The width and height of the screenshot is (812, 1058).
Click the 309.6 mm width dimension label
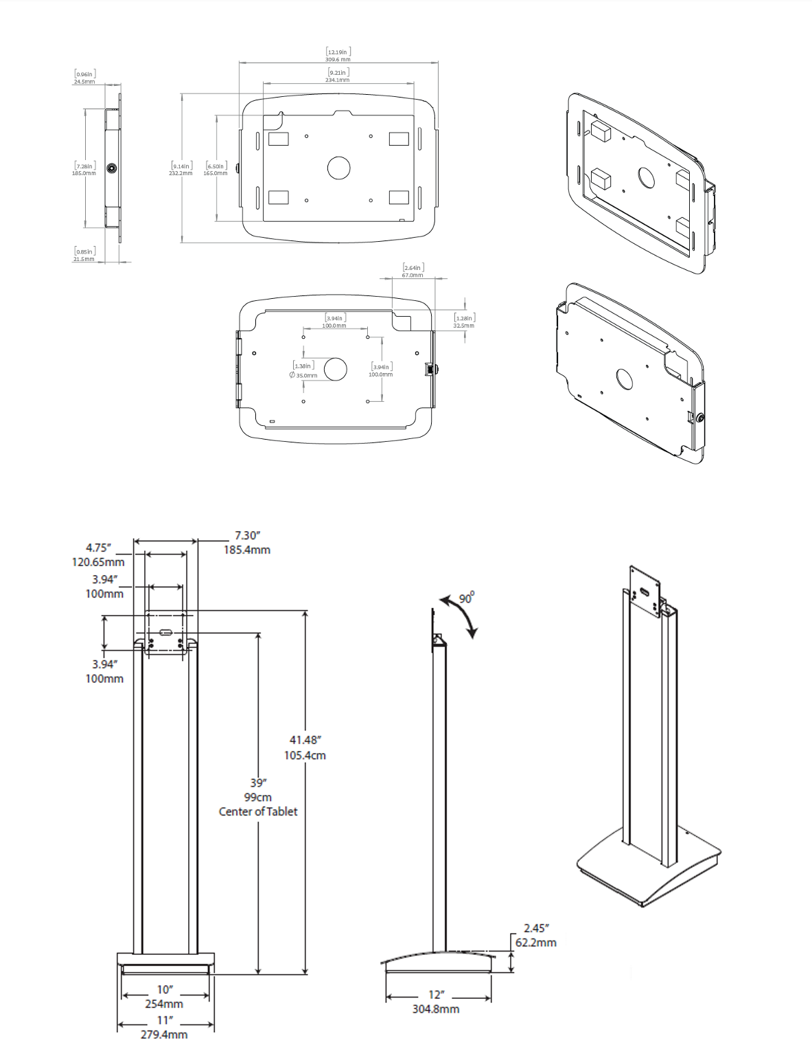[x=338, y=60]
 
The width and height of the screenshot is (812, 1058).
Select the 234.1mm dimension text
[x=338, y=80]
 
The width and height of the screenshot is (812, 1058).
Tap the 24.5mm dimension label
[x=84, y=82]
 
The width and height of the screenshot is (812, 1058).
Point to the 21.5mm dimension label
[x=84, y=259]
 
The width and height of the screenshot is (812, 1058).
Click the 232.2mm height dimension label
[x=181, y=173]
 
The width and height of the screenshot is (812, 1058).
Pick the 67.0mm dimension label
[x=413, y=275]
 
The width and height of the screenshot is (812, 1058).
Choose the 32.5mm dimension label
[x=463, y=326]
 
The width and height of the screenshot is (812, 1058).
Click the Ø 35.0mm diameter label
[x=303, y=376]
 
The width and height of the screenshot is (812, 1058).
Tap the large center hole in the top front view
[x=338, y=168]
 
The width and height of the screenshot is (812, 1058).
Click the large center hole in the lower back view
[x=336, y=369]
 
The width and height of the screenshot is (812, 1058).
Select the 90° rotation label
[x=467, y=598]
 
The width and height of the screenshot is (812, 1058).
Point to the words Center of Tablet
[x=258, y=811]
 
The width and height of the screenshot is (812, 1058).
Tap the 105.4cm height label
[x=305, y=755]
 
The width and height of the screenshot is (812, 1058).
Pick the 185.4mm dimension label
[x=246, y=550]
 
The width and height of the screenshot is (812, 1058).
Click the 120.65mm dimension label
[x=98, y=562]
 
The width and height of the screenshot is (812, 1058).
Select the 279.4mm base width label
[x=164, y=1035]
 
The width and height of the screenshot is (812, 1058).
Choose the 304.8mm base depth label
[x=436, y=1009]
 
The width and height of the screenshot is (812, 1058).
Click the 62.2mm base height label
[x=536, y=943]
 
